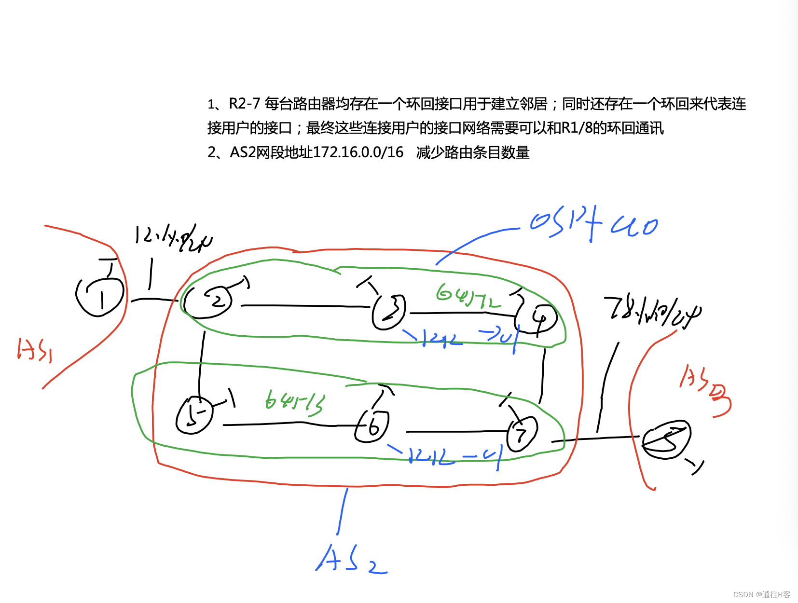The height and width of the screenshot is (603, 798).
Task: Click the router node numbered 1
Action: (x=100, y=296)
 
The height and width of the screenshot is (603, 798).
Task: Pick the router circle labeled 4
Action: (x=537, y=319)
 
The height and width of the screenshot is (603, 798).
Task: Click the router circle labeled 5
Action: (x=194, y=415)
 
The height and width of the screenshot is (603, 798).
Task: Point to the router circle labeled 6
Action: (x=371, y=426)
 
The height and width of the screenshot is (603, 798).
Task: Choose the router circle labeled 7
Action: (x=522, y=434)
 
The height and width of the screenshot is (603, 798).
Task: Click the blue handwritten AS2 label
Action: (x=351, y=560)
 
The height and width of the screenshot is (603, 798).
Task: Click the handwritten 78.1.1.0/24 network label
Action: (x=651, y=312)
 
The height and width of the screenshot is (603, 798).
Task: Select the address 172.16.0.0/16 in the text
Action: (x=358, y=152)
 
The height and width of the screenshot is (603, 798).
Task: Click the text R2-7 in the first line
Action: (x=244, y=104)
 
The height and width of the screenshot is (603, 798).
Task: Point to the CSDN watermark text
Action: (x=761, y=594)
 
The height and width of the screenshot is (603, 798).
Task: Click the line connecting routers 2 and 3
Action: (x=304, y=306)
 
